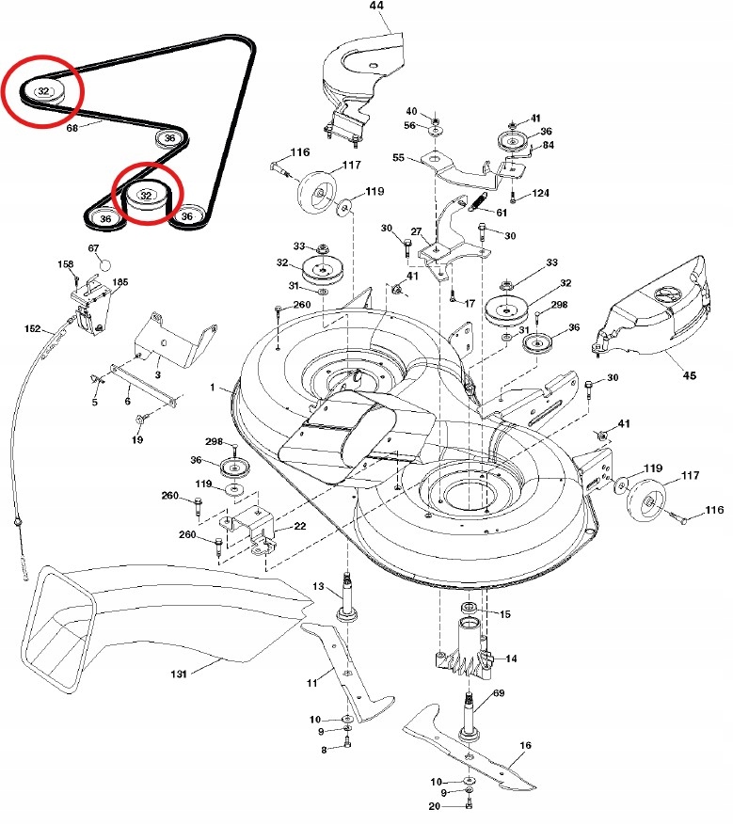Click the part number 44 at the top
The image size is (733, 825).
[376, 6]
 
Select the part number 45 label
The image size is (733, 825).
[690, 375]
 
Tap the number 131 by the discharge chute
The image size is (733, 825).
[179, 674]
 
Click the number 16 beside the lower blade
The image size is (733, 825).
[525, 746]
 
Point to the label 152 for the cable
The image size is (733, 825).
[33, 329]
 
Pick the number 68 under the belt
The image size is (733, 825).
[72, 128]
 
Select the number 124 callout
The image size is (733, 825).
[540, 193]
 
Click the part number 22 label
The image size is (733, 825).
[299, 526]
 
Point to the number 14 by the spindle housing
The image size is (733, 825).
[511, 658]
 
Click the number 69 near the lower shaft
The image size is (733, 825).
[499, 693]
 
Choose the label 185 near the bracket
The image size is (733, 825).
[120, 282]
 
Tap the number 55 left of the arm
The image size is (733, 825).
[399, 158]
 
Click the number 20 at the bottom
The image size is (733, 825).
[434, 806]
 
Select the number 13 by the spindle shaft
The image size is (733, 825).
[318, 586]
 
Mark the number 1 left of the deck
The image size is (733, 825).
[212, 388]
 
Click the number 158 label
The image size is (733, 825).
[65, 264]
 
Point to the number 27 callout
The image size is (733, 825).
[416, 232]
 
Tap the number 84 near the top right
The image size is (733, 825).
[548, 145]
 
